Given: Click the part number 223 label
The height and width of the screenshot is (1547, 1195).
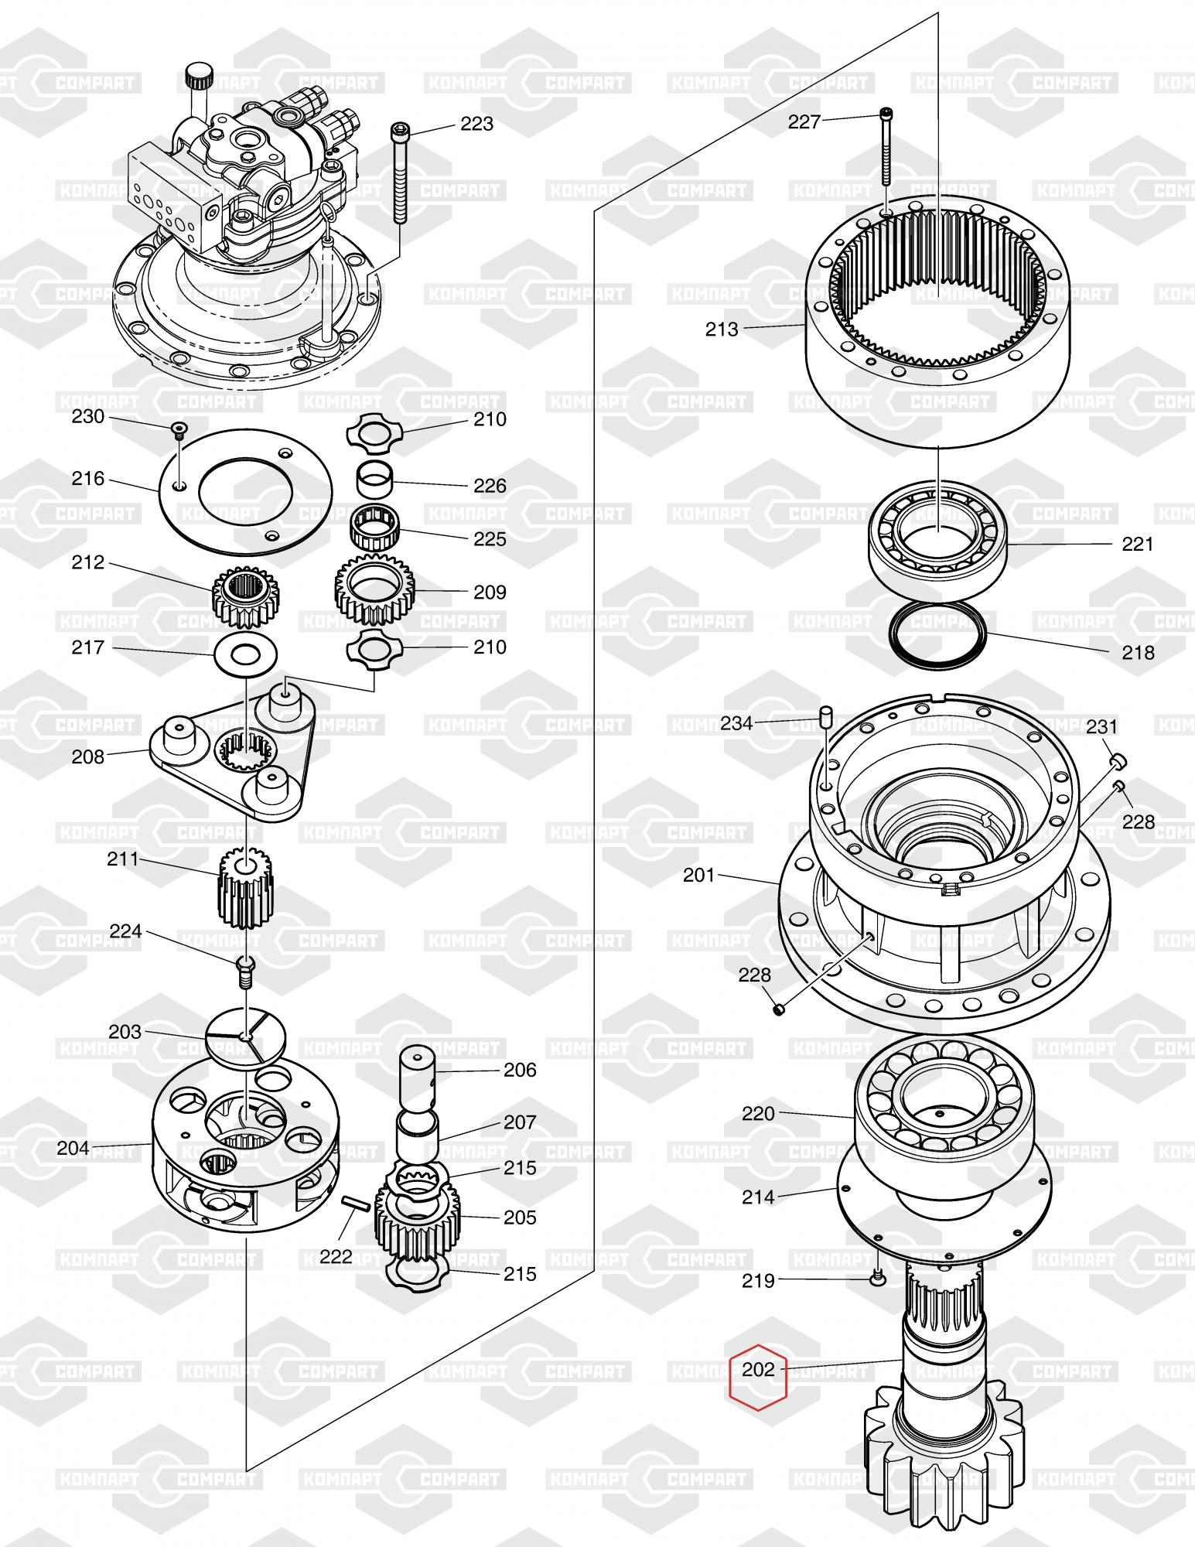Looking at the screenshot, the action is (476, 124).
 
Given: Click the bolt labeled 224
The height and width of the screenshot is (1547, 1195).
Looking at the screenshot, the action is (245, 972).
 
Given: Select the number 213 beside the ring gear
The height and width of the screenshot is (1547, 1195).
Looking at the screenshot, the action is (722, 329).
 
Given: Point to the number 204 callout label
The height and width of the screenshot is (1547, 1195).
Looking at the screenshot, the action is (73, 1148).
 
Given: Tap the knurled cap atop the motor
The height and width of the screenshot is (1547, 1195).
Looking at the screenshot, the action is (198, 78).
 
